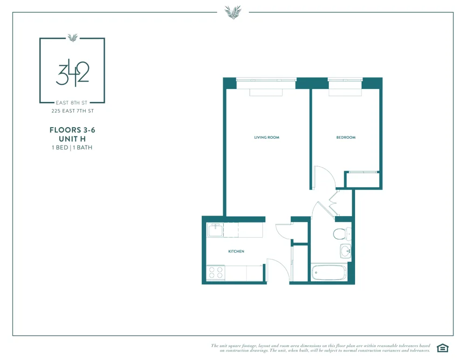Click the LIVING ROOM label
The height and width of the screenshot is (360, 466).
coord(267,137)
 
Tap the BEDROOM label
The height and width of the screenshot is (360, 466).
coord(346,137)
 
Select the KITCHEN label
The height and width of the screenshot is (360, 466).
coord(236,251)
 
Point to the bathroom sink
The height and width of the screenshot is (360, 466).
coord(345,251)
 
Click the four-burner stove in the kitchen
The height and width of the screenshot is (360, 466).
coord(215,272)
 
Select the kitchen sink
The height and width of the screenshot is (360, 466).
coord(215,230)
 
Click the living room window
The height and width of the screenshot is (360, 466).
coord(266,80)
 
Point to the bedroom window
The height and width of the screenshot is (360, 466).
coord(345,80)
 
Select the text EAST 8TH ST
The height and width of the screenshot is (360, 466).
coord(72,102)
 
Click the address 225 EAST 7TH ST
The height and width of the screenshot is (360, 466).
coord(72,111)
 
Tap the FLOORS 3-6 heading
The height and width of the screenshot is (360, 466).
coord(72,130)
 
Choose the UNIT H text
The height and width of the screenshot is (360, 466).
coord(72,139)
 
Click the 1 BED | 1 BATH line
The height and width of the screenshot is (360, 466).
coord(72,148)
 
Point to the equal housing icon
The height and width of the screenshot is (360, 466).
coord(442,348)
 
